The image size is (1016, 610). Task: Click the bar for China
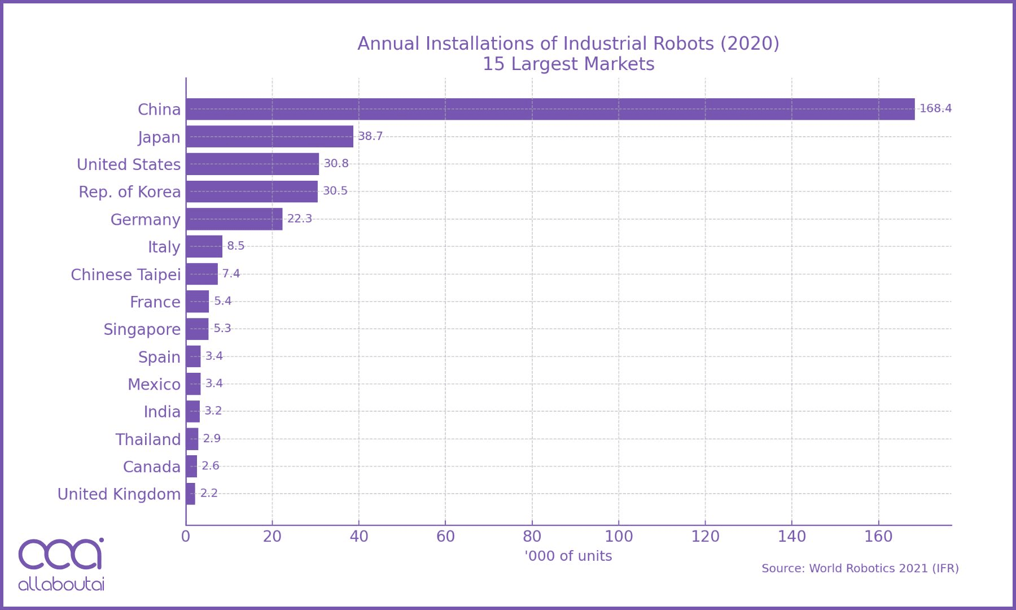(x=550, y=109)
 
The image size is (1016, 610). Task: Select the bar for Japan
(x=270, y=137)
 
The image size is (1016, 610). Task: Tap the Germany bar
(x=234, y=219)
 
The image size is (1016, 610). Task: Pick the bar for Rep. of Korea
(x=252, y=191)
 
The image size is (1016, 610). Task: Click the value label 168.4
(x=935, y=108)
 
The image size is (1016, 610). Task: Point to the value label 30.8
(x=336, y=164)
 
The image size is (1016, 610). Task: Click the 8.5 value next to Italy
(x=235, y=246)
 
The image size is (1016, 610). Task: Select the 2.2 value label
(x=208, y=494)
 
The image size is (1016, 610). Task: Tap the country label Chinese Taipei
(x=125, y=274)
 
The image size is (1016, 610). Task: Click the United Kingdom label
(x=119, y=494)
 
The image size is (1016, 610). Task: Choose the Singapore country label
(x=142, y=329)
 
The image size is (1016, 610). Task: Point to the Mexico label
(x=154, y=385)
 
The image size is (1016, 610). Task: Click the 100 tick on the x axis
(x=619, y=537)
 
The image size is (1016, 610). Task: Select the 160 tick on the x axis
(x=878, y=537)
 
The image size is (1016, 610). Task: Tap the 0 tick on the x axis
(x=186, y=537)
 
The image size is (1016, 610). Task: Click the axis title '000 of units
(x=568, y=556)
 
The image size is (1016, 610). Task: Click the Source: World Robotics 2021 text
(x=860, y=568)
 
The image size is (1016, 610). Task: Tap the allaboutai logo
(x=61, y=564)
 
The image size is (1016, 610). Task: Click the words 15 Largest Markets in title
(x=568, y=64)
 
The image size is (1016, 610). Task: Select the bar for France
(x=198, y=302)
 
